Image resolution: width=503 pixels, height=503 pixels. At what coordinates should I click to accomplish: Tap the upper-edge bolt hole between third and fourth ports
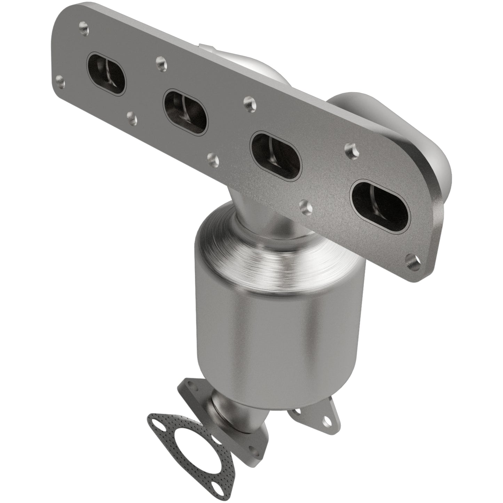click(349, 149)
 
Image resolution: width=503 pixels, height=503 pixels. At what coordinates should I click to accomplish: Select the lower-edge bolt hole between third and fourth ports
click(305, 206)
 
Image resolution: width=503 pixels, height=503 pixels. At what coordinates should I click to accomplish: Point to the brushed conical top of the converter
click(272, 244)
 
